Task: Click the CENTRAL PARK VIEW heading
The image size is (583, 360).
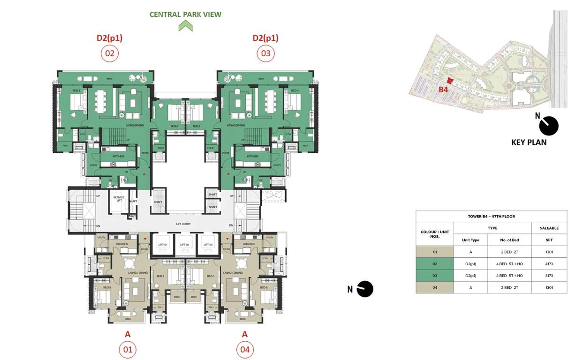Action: [x=185, y=15]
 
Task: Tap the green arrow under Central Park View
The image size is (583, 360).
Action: [x=185, y=26]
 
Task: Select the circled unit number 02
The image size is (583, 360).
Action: [x=109, y=53]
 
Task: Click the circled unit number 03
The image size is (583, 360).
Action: [x=265, y=53]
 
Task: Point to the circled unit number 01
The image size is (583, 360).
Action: [x=127, y=350]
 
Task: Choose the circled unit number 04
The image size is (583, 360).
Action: [x=244, y=350]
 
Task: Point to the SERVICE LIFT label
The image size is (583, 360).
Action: [x=119, y=199]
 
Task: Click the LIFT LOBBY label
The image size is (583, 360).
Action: [x=184, y=224]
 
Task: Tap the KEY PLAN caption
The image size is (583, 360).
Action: [x=529, y=142]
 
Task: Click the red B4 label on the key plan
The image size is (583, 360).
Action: [x=443, y=89]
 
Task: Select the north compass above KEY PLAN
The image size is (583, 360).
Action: [x=548, y=126]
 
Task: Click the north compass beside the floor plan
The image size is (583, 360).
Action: [x=364, y=289]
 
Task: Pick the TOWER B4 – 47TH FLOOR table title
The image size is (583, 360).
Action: [x=491, y=216]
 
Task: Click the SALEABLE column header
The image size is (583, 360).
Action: [x=549, y=228]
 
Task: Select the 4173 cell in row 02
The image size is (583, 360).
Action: [x=549, y=264]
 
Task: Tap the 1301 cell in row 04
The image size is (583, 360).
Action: [x=549, y=287]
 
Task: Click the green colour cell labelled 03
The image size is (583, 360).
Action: [x=435, y=276]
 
